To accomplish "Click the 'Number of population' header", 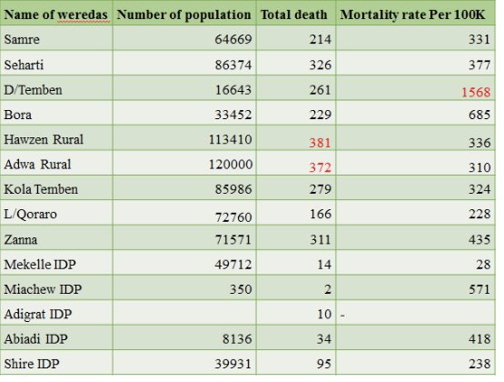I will [184, 15].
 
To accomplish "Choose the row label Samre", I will [22, 40].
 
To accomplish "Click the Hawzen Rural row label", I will [41, 140].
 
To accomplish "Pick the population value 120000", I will [228, 166].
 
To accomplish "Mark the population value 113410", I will [228, 140].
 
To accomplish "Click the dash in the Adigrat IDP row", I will [343, 315].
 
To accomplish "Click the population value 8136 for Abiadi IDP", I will [234, 340].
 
